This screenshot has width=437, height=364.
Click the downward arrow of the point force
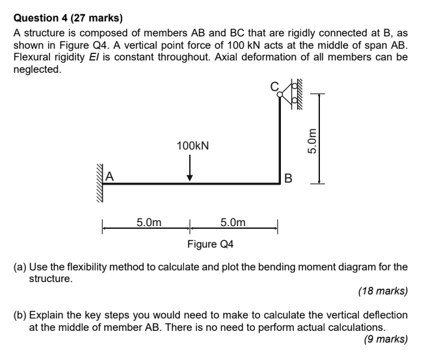190,169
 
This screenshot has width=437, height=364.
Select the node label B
289,177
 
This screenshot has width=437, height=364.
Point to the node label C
274,86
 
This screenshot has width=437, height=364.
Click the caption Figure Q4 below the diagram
211,244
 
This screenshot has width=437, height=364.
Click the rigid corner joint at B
280,184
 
